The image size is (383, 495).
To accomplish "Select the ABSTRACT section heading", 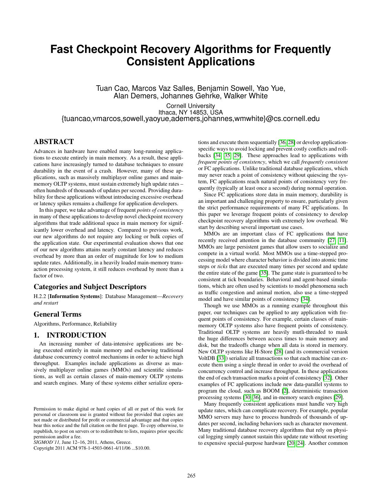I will point(54,142).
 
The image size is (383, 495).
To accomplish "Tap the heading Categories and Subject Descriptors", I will point(90,287).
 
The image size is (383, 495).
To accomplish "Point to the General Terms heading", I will point(57,314).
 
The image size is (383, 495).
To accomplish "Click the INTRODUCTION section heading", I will point(70,335).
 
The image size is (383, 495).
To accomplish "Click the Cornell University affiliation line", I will point(190,106).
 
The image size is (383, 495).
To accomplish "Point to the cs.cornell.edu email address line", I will point(190,119).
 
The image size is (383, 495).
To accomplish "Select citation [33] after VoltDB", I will point(221,358).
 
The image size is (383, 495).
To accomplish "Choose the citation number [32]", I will point(328,378).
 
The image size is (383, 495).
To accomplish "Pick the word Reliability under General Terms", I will point(105,324).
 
